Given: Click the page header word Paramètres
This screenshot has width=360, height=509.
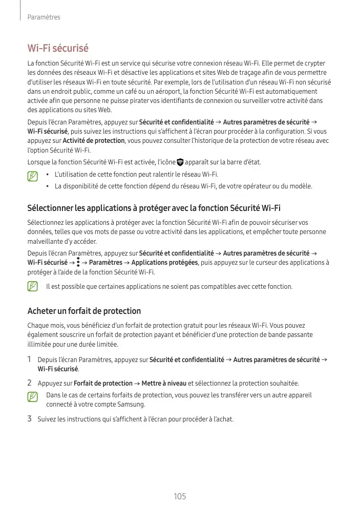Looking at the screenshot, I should (44, 17).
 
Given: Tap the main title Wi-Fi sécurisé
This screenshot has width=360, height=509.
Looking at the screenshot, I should (58, 48).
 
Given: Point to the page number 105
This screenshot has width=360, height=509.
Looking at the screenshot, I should (180, 496).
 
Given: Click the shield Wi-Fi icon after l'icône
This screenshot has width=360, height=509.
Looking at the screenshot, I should (180, 162).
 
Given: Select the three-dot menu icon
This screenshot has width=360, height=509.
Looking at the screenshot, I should (78, 263).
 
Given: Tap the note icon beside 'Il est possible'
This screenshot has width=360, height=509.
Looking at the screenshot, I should (33, 286).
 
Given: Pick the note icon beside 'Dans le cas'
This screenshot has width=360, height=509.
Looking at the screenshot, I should (33, 397).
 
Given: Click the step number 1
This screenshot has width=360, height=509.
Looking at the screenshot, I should (30, 360).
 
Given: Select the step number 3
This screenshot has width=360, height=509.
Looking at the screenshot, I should (30, 419).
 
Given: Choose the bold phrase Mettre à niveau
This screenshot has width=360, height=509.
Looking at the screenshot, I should (164, 383).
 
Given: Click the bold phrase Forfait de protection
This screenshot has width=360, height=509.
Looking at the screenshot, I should (103, 383).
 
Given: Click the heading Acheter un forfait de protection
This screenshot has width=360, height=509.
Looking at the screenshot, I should (83, 311).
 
